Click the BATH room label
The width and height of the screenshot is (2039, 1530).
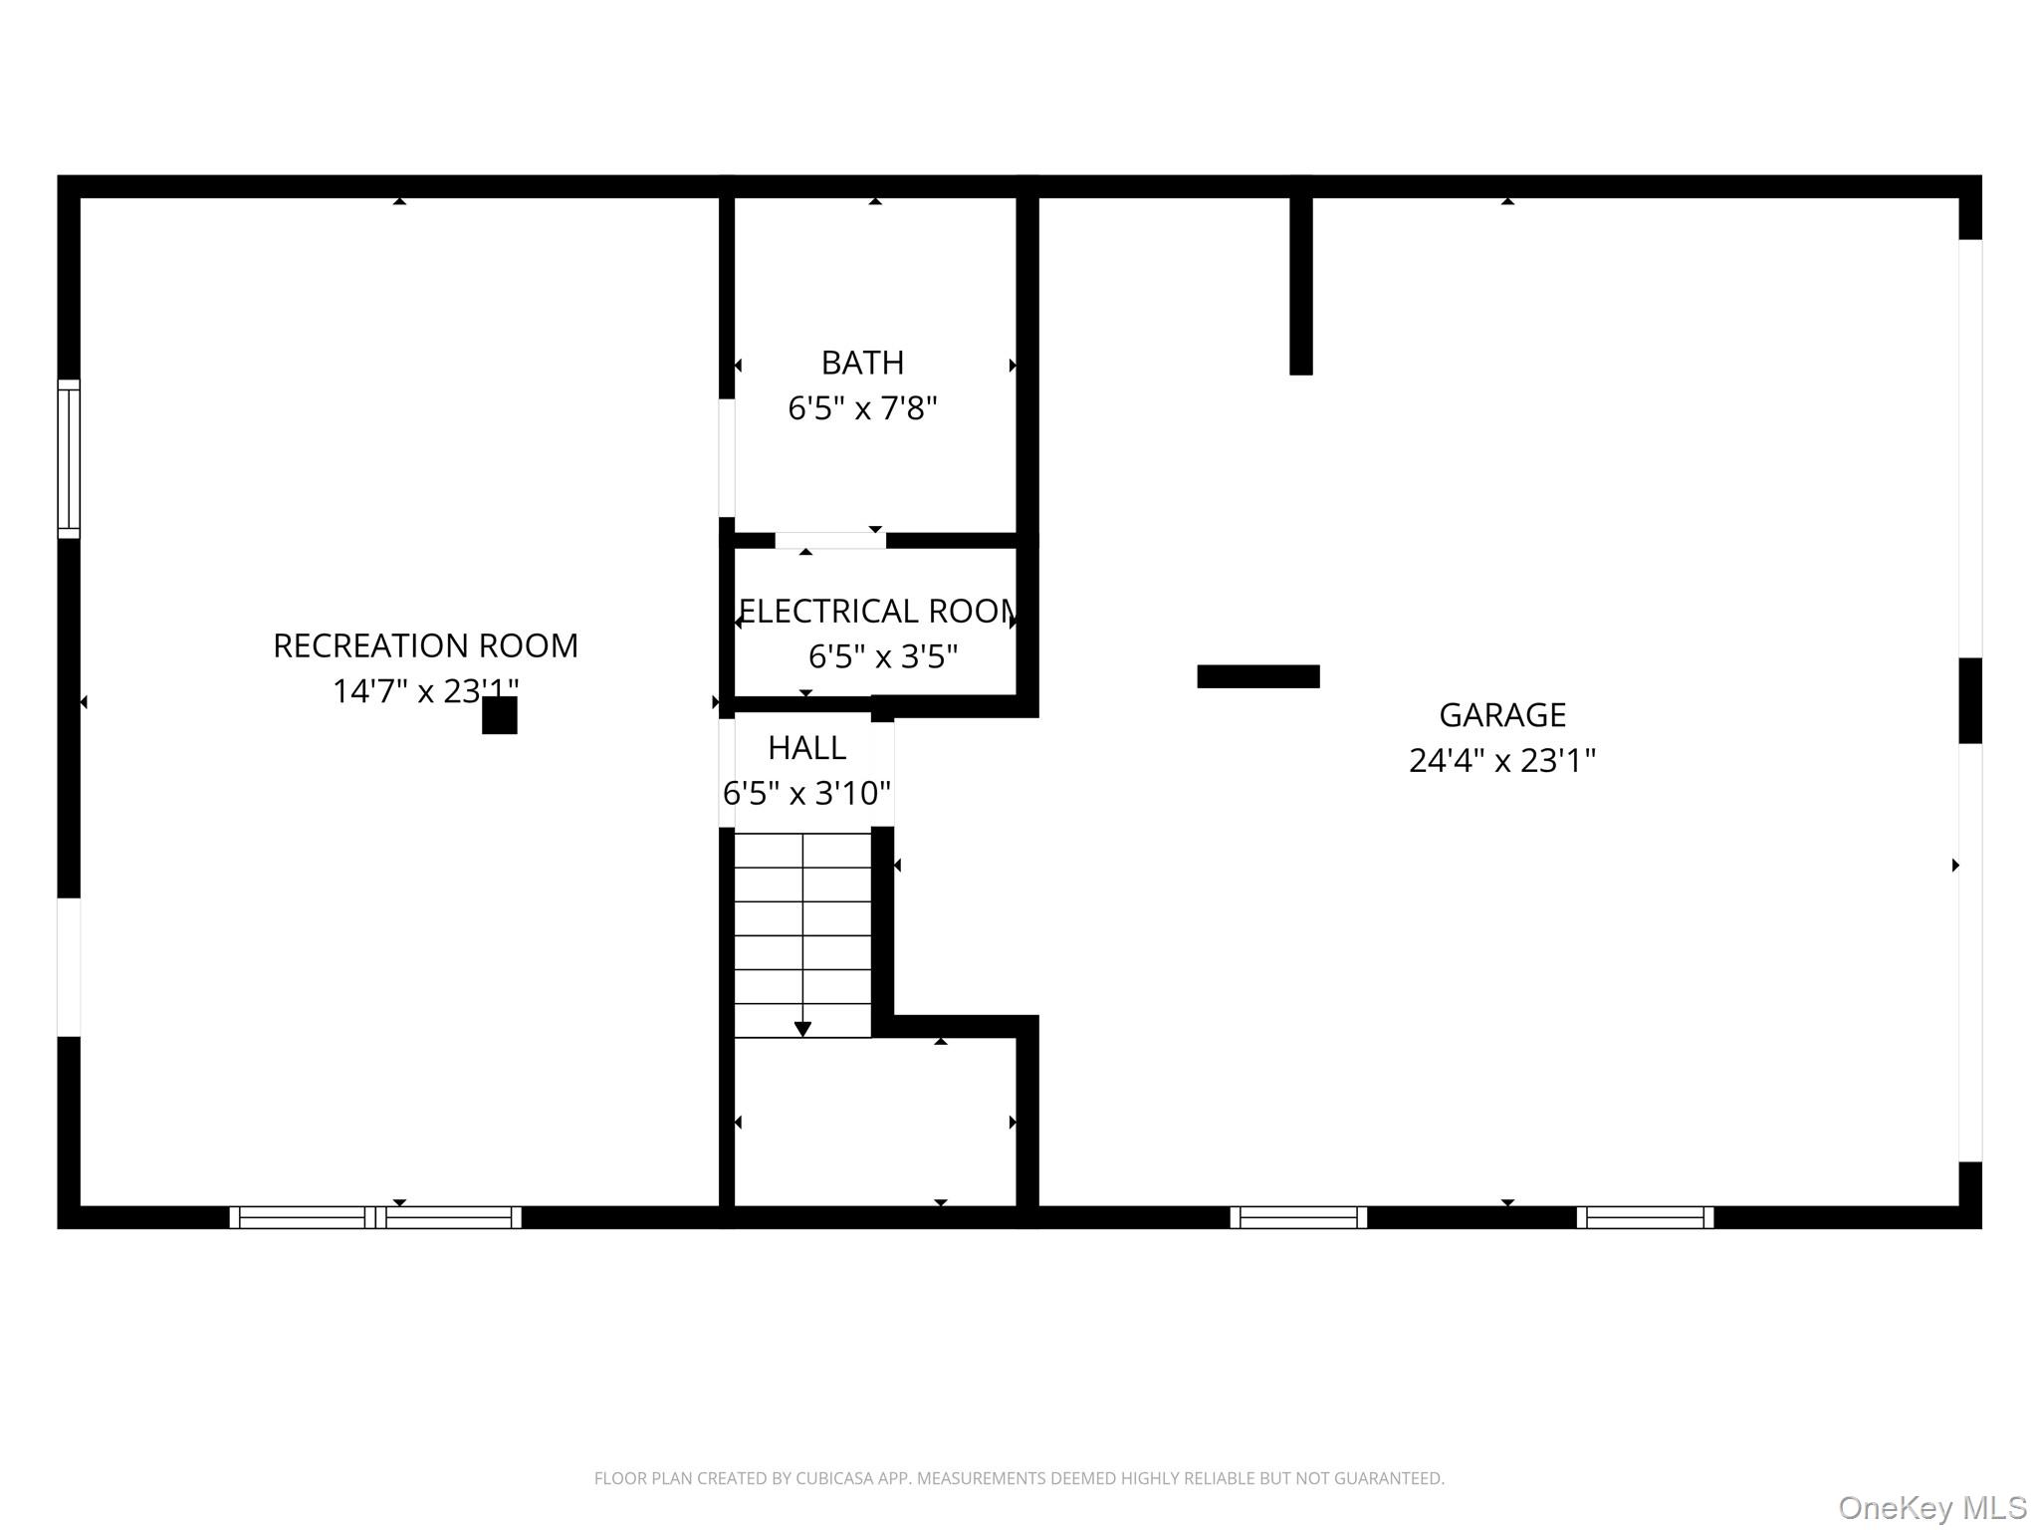pos(862,363)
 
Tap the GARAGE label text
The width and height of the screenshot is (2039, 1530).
pos(1501,715)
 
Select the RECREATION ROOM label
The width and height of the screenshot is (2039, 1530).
pos(425,645)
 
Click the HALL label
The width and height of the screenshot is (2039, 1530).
pos(806,747)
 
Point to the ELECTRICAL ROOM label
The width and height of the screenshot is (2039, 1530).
pos(877,611)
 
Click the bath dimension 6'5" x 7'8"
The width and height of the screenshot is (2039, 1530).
pos(862,408)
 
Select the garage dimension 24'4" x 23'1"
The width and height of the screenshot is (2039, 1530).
pos(1501,761)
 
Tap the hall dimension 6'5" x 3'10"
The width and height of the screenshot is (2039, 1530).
pos(806,793)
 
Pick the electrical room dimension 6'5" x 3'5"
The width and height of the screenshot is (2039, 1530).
pos(882,656)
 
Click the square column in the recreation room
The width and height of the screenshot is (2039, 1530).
pos(500,715)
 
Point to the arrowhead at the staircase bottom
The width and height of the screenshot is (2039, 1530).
pos(802,1029)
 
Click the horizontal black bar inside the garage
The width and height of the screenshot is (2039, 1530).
pos(1257,676)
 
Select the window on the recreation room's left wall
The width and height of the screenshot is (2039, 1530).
pos(68,458)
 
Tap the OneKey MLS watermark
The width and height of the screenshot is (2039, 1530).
pos(1931,1508)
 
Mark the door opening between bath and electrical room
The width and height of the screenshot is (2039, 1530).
pos(830,540)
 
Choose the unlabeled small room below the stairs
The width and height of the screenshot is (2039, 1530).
pos(874,1122)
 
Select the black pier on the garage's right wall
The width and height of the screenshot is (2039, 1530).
pos(1969,700)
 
